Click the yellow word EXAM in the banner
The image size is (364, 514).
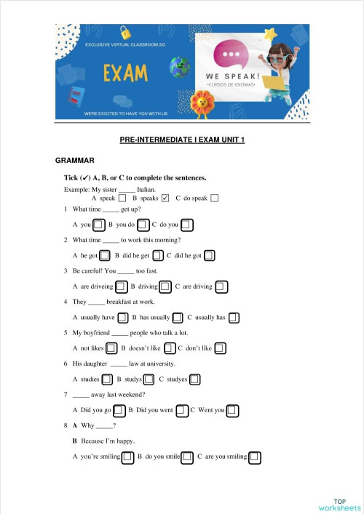tap(126, 73)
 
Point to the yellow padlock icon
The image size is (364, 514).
tap(125, 32)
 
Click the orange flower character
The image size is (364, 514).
tap(200, 102)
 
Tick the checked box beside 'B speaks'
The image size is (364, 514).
tap(165, 198)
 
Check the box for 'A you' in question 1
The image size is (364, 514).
tap(98, 224)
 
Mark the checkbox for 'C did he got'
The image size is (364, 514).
tap(209, 255)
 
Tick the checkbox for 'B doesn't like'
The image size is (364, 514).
tap(170, 348)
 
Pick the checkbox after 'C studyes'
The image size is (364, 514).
tap(194, 379)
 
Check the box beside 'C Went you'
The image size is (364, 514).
tap(232, 410)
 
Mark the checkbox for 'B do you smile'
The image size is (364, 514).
tap(187, 457)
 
